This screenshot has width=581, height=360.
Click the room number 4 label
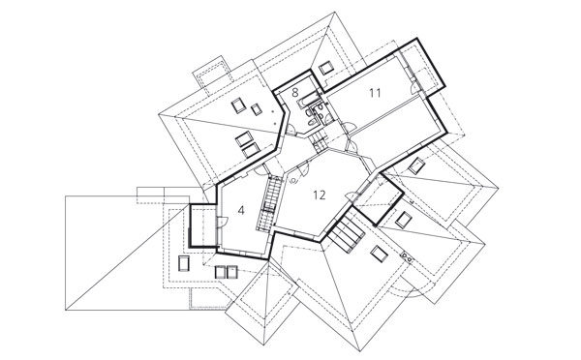pyautogui.click(x=241, y=211)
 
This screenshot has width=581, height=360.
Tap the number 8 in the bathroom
pyautogui.click(x=295, y=92)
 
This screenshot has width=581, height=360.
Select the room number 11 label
pyautogui.click(x=375, y=93)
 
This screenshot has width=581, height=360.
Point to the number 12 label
pyautogui.click(x=320, y=195)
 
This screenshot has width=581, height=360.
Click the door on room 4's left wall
pyautogui.click(x=222, y=222)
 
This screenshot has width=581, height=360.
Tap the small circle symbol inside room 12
pyautogui.click(x=293, y=181)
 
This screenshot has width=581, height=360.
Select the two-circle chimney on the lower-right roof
pyautogui.click(x=407, y=256)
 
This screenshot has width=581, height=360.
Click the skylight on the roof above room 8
pyautogui.click(x=327, y=68)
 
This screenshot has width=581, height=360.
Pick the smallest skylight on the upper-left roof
pyautogui.click(x=257, y=109)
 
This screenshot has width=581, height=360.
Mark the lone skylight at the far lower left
pyautogui.click(x=184, y=263)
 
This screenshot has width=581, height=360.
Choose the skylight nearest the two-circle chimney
pyautogui.click(x=379, y=255)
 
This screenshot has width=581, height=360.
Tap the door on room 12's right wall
pyautogui.click(x=351, y=195)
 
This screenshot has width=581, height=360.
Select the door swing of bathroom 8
pyautogui.click(x=291, y=129)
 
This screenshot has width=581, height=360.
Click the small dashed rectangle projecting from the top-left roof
pyautogui.click(x=212, y=75)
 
